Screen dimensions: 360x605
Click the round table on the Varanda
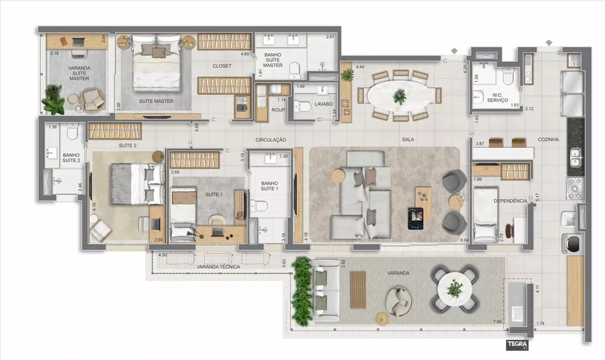454,289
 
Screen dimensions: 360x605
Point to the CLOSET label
221,66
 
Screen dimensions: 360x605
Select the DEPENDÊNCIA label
511,200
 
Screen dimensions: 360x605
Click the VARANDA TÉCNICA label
218,266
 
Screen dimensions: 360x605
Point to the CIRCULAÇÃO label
270,140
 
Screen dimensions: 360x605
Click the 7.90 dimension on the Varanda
498,321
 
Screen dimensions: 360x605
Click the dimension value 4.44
361,66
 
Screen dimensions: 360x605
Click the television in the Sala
416,218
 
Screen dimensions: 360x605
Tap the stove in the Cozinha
574,188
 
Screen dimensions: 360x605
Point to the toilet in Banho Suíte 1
261,206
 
